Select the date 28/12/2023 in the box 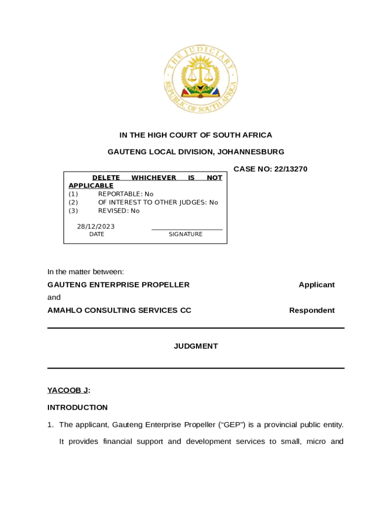point(96,226)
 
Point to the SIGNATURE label point(185,234)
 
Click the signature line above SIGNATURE point(187,229)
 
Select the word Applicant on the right point(317,285)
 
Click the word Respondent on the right point(312,310)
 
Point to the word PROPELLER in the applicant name point(166,285)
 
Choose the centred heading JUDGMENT point(196,346)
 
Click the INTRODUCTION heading point(77,407)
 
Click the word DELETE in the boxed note point(106,178)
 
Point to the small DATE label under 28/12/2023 point(97,234)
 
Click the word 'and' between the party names point(54,297)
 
